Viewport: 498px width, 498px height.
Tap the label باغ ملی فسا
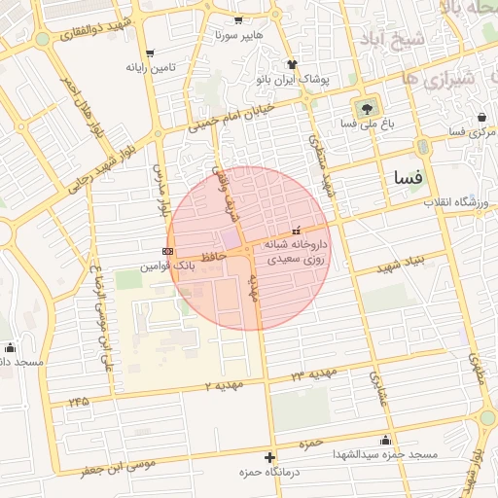pyautogui.click(x=361, y=124)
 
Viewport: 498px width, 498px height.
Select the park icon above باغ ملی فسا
pyautogui.click(x=367, y=108)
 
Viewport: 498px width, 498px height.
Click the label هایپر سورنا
pyautogui.click(x=239, y=35)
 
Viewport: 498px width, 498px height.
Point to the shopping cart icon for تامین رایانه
pyautogui.click(x=149, y=53)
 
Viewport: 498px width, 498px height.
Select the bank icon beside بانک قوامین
pyautogui.click(x=168, y=251)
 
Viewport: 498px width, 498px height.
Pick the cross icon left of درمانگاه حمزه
pyautogui.click(x=269, y=457)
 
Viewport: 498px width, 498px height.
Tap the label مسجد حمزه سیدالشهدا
pyautogui.click(x=385, y=453)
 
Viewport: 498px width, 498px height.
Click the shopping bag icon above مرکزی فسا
pyautogui.click(x=480, y=117)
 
